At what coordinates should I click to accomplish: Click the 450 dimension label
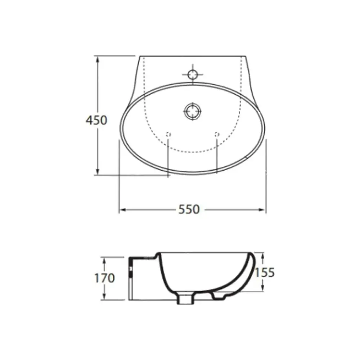click(x=96, y=120)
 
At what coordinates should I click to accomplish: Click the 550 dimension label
click(x=189, y=210)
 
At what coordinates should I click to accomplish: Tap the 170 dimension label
click(x=104, y=278)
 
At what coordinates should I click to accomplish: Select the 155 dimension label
click(x=265, y=273)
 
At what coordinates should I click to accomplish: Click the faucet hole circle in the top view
click(x=192, y=75)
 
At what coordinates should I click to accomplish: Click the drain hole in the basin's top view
click(x=192, y=111)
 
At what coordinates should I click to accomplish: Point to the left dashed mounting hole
click(x=168, y=134)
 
